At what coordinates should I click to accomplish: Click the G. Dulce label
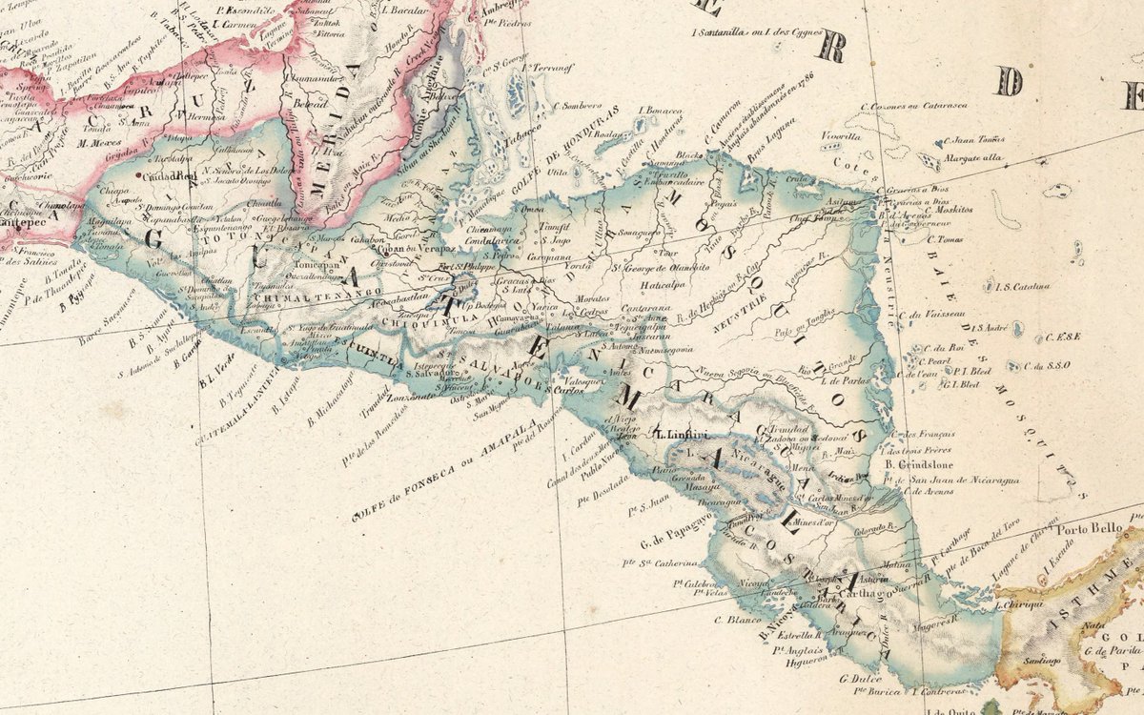coord(858,680)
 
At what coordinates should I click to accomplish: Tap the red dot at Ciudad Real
coord(139,176)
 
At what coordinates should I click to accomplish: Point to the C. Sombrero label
coord(578,106)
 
